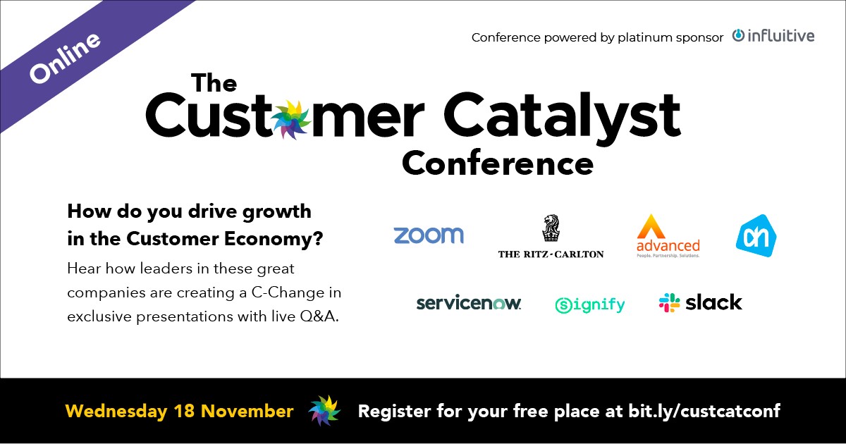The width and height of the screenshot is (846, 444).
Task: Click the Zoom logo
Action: coord(429,235)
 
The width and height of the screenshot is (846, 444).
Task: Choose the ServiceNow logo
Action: coord(468,303)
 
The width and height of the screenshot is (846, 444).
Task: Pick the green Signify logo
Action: coord(589,304)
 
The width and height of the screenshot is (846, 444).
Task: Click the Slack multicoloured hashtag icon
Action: coord(669,302)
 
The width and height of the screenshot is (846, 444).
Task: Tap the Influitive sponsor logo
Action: coord(773,35)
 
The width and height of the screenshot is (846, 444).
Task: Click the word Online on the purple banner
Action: coord(65,56)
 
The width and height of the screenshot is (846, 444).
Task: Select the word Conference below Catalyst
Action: coord(497,163)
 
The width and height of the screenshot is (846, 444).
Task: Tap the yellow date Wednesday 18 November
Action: coord(179,411)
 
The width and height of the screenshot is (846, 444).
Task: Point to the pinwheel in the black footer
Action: coord(324,411)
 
